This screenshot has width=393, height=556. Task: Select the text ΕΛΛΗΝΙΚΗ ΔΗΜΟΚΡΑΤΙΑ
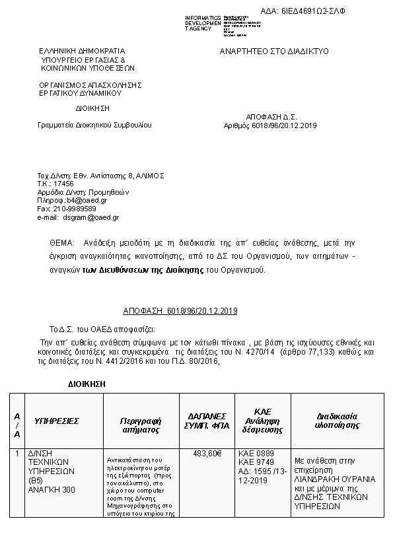click(81, 51)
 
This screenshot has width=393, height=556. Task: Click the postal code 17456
click(63, 183)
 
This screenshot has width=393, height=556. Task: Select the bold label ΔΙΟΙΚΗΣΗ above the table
click(87, 383)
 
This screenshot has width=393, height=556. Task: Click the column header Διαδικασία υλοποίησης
click(336, 421)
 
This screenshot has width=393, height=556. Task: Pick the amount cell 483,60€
click(207, 454)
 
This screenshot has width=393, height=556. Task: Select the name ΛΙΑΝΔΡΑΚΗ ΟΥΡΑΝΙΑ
click(335, 479)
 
